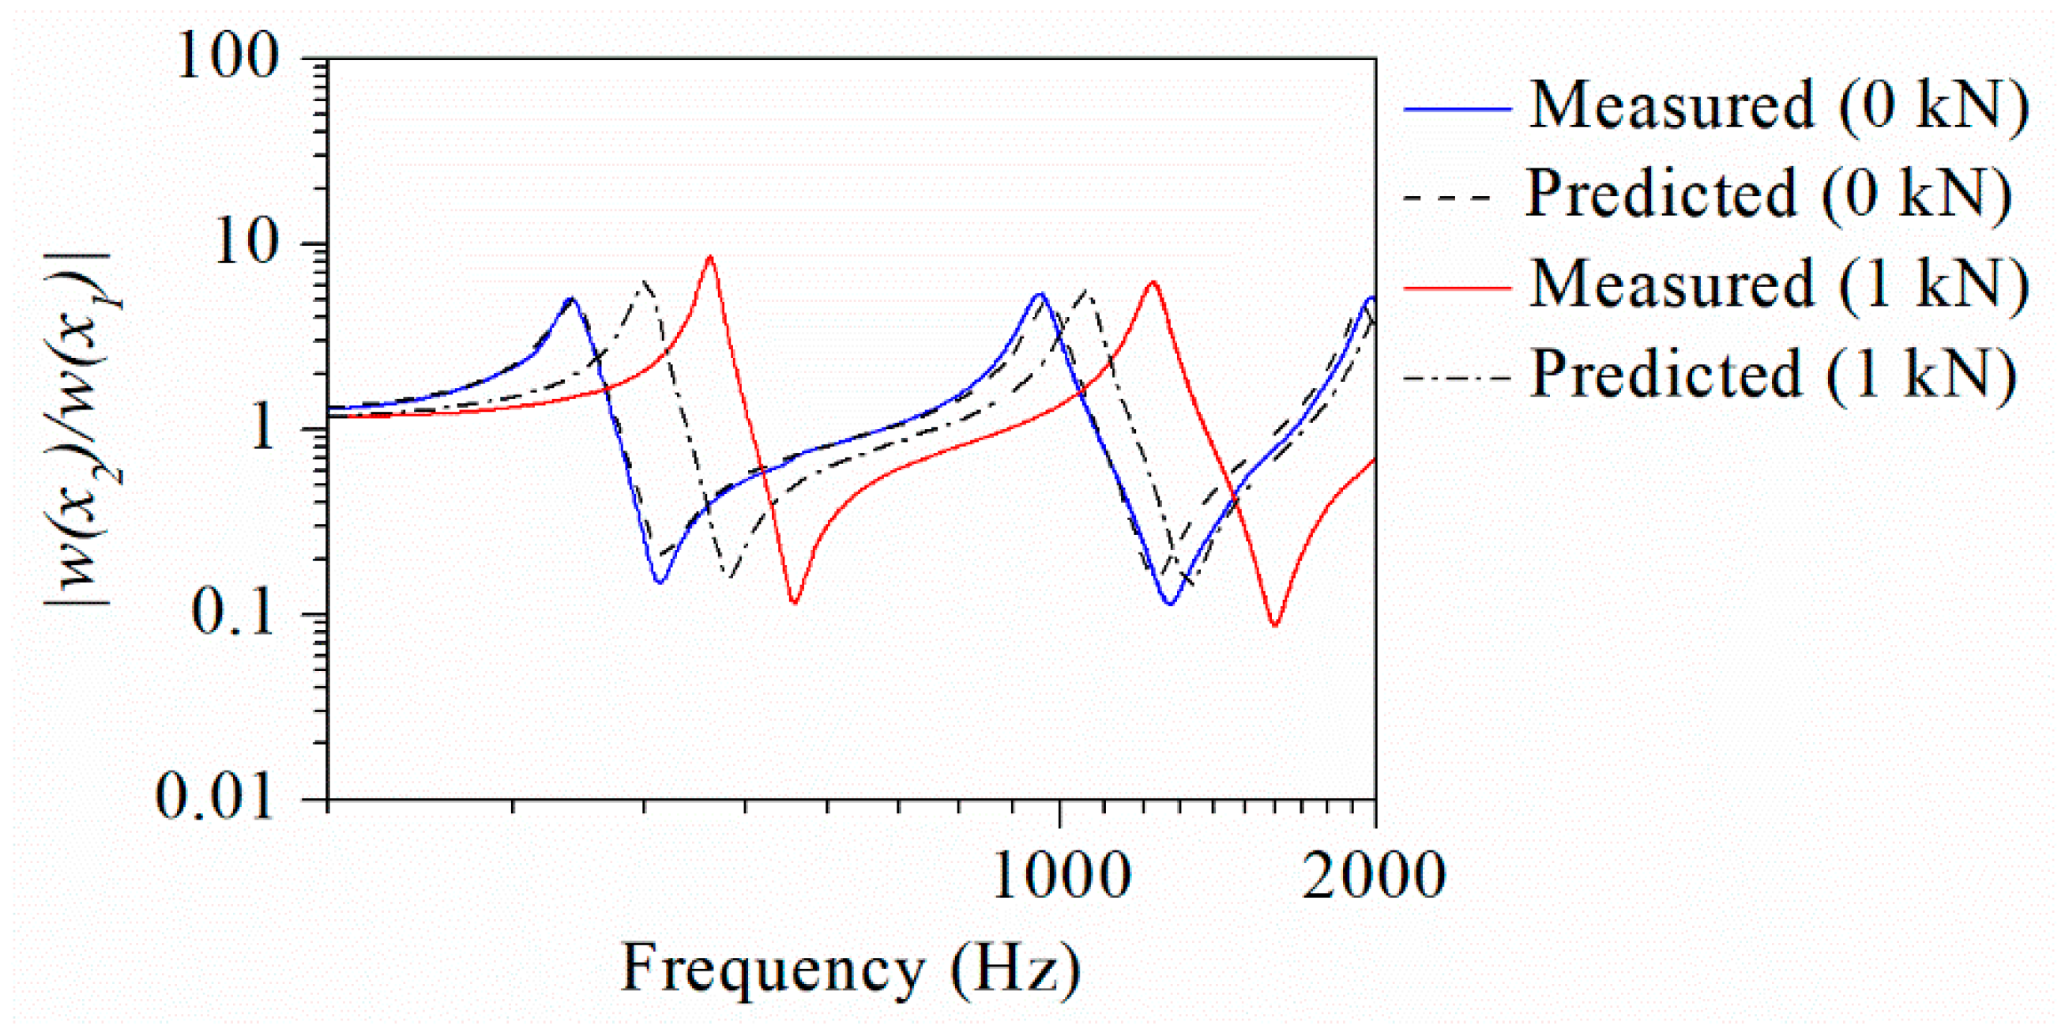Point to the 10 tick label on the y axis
point(244,242)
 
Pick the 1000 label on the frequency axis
point(1062,876)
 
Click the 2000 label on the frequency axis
point(1374,876)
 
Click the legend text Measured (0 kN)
point(1779,106)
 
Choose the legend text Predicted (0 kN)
point(1768,194)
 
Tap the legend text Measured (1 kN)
point(1779,285)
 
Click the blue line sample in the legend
point(1458,108)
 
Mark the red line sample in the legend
point(1458,287)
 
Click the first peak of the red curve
point(710,258)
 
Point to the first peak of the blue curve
point(571,300)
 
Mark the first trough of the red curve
point(795,601)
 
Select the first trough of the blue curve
point(660,582)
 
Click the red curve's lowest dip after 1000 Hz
point(1274,624)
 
